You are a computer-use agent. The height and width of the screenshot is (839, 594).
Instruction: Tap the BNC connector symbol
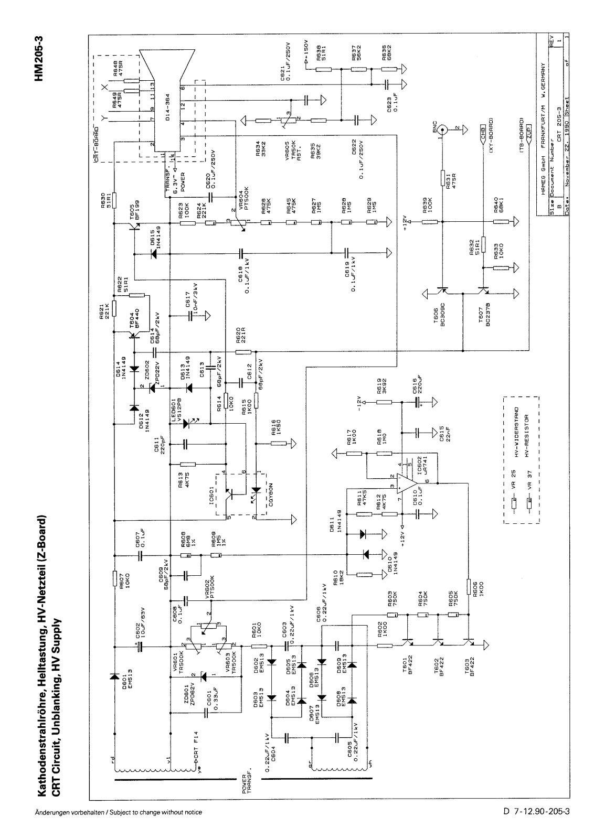(x=442, y=128)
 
